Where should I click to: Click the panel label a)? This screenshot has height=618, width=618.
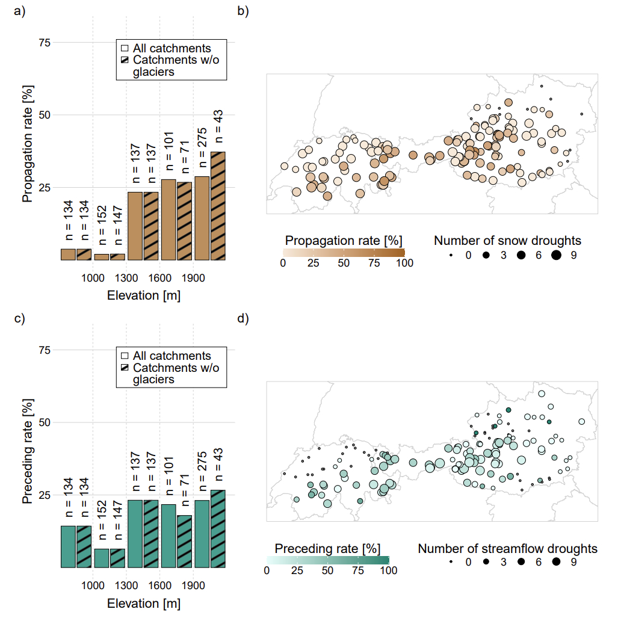[20, 12]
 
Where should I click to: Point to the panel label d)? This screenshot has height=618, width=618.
[243, 319]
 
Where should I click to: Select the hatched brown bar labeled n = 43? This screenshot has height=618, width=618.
[218, 206]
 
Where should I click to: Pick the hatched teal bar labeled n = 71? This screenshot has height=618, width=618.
[185, 542]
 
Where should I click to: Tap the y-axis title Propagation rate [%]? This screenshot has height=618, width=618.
[28, 145]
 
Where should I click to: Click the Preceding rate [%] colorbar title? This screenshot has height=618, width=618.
[327, 549]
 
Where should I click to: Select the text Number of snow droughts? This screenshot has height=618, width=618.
[507, 241]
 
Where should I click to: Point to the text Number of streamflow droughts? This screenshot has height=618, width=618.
[507, 549]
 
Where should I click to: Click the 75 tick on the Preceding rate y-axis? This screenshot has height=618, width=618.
[44, 350]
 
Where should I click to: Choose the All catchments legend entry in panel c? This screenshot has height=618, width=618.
[167, 356]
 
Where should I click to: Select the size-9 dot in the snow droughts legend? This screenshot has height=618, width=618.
[555, 255]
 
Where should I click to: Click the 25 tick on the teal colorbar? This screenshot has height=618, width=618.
[297, 570]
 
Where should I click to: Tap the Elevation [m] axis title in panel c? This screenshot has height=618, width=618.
[143, 603]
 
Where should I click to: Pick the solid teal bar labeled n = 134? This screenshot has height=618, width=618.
[68, 546]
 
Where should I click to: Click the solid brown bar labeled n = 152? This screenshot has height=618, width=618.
[102, 257]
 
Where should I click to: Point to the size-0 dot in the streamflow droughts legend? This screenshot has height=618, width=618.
[451, 563]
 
